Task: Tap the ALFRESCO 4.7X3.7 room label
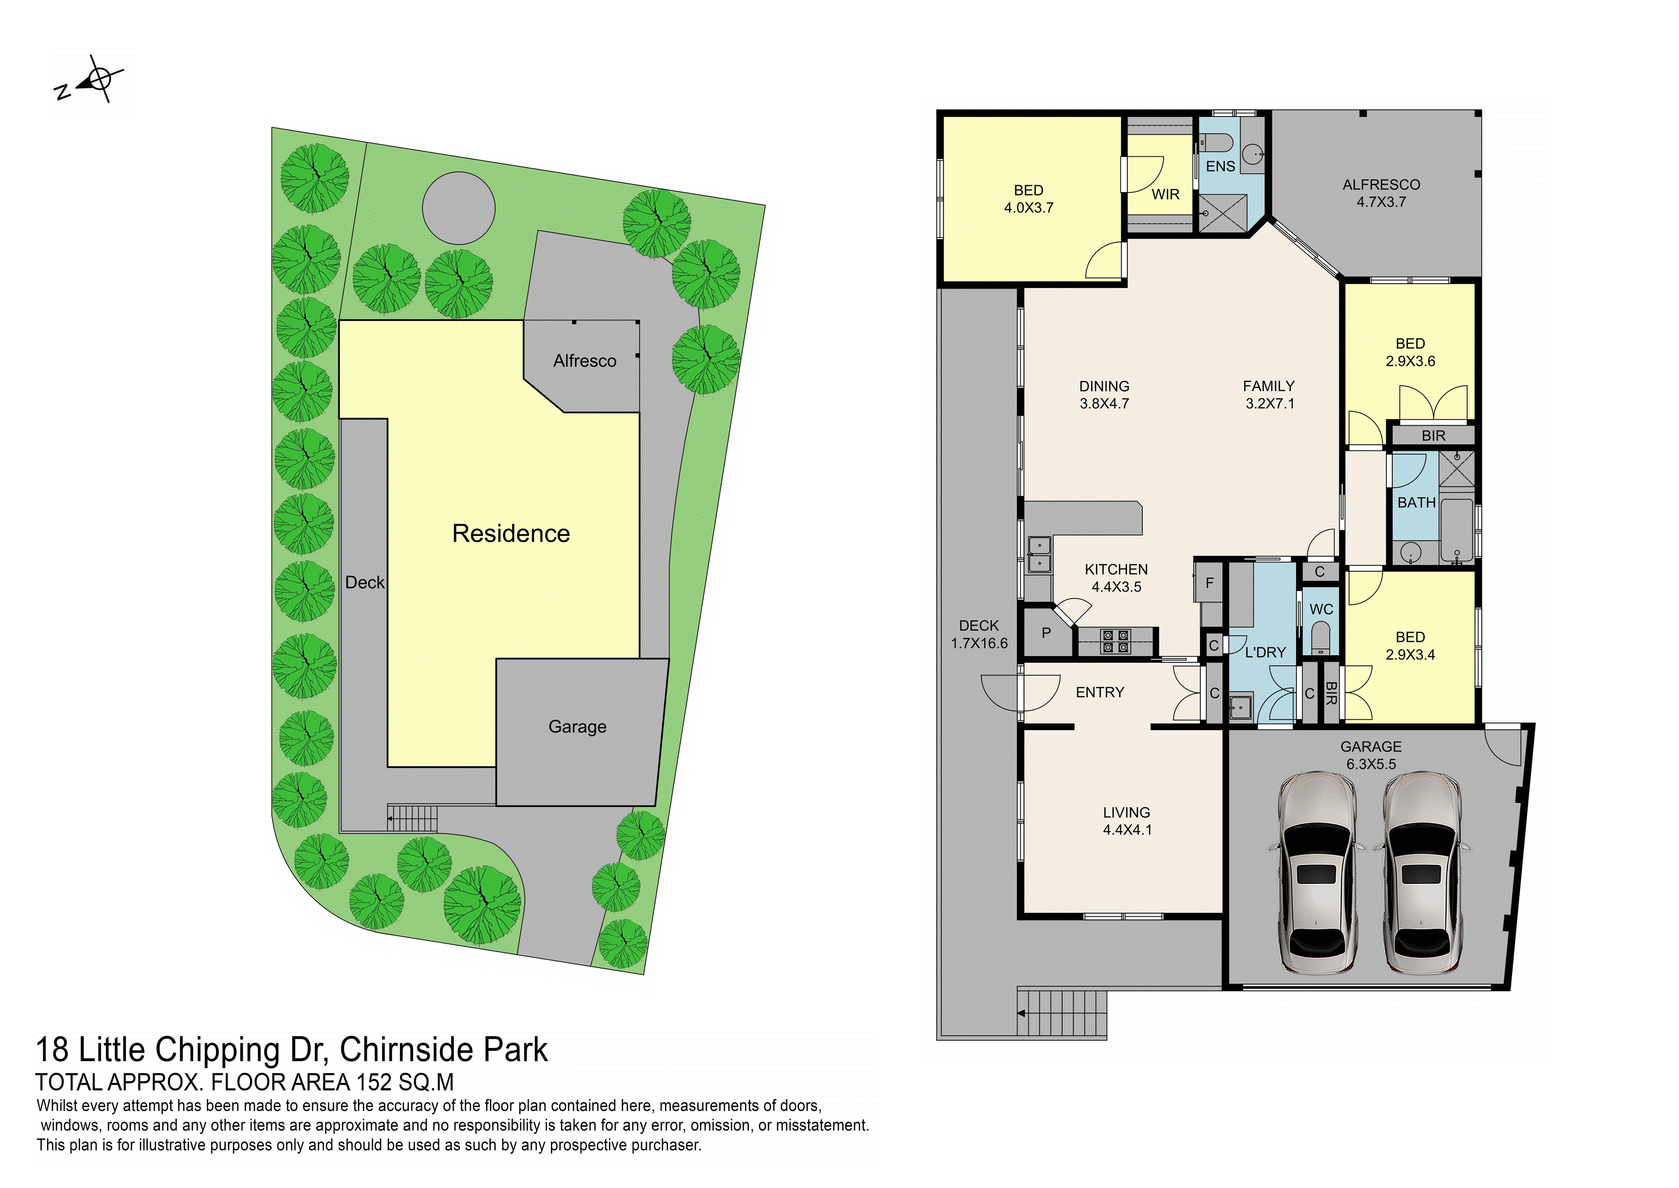(1381, 193)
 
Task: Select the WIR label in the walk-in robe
(1165, 195)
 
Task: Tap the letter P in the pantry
(1047, 633)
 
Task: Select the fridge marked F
(1210, 583)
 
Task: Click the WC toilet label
(1321, 610)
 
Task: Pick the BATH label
(1417, 503)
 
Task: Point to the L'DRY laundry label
(1265, 653)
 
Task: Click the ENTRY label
(1100, 692)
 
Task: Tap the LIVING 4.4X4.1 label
(1127, 821)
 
